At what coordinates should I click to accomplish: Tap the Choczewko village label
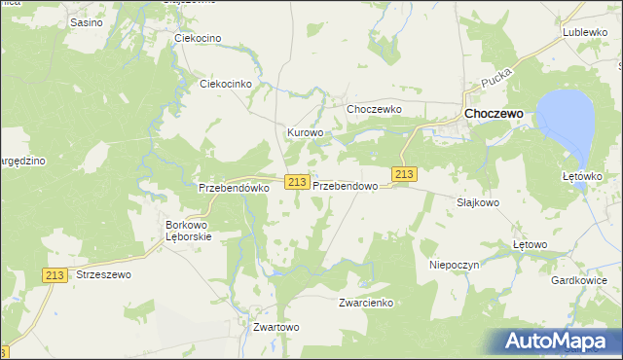coord(374,109)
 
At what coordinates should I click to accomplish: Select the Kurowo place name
coord(304,131)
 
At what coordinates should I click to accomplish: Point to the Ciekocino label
coord(198,38)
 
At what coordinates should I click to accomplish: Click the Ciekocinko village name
coord(226,84)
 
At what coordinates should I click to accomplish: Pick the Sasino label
coord(87,20)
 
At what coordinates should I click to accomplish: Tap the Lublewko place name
coord(584,32)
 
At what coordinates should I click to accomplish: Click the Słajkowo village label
coord(478,202)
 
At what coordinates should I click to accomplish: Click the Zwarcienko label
coord(365,303)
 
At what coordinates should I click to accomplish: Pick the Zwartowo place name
coord(275,327)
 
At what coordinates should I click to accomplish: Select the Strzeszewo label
coord(102,275)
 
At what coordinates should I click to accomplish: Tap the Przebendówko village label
coord(233,188)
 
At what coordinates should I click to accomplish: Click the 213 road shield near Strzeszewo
coord(55,275)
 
